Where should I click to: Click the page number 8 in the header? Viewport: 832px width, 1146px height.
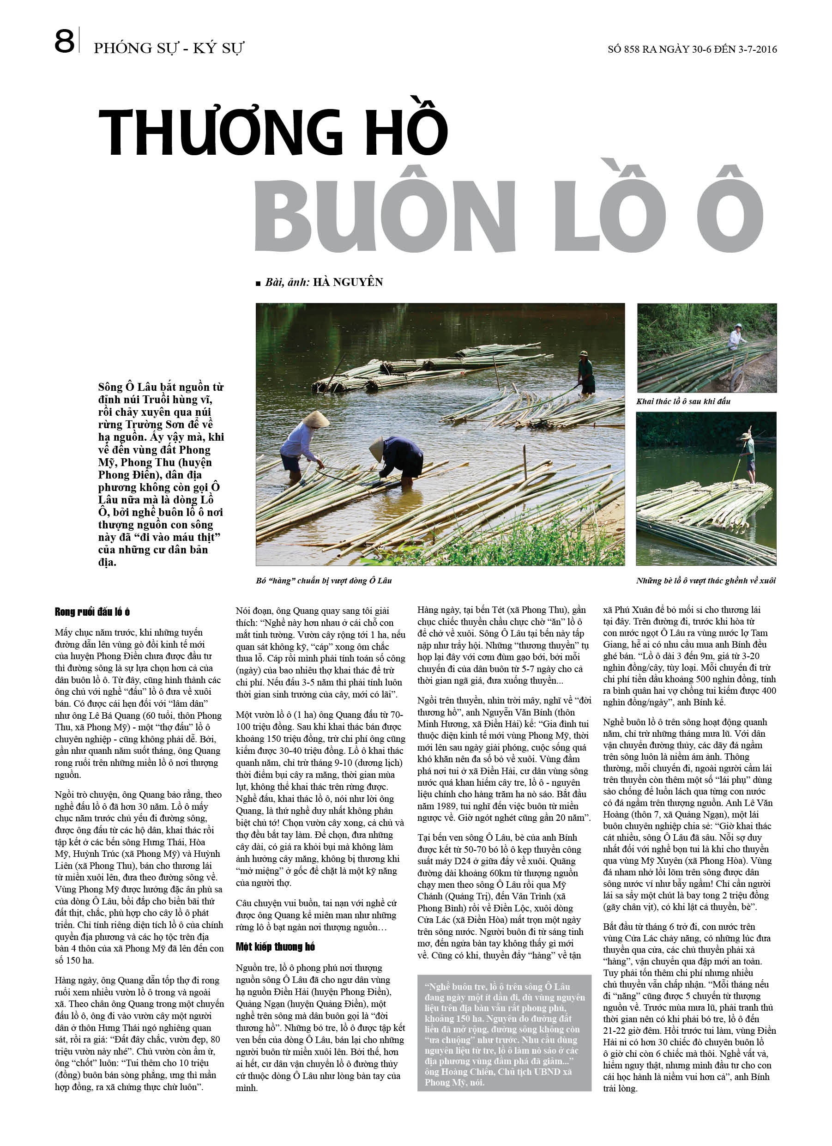(64, 42)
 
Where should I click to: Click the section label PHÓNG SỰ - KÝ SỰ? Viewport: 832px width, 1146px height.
(169, 48)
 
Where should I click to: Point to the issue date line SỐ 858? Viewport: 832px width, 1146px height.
(692, 49)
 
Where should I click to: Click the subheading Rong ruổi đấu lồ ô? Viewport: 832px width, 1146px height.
(92, 612)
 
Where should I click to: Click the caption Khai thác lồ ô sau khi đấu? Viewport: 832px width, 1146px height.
(683, 401)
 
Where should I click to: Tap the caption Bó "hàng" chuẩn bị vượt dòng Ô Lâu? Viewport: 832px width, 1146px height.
(323, 581)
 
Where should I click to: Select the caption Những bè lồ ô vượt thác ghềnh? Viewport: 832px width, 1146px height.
(705, 581)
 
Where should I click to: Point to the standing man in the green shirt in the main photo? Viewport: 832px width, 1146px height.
(585, 372)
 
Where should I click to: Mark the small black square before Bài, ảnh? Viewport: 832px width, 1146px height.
(258, 283)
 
